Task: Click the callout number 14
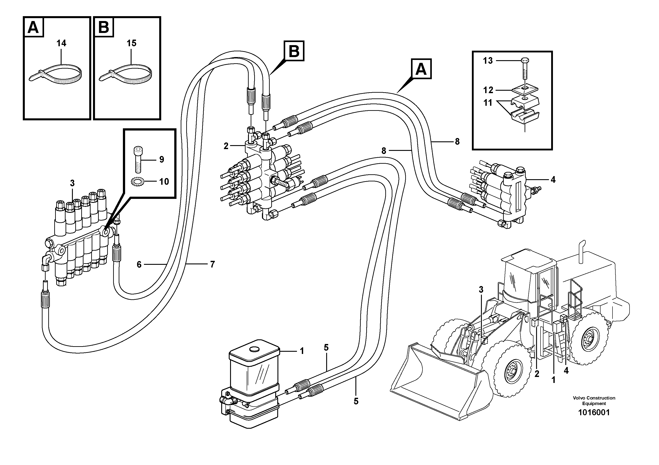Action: pyautogui.click(x=61, y=43)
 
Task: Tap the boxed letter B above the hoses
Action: pyautogui.click(x=294, y=51)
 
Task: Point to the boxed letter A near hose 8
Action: pyautogui.click(x=421, y=69)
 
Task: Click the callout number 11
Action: pyautogui.click(x=488, y=103)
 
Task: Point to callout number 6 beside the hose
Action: pyautogui.click(x=139, y=264)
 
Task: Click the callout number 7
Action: pyautogui.click(x=212, y=264)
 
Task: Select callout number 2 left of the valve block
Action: pyautogui.click(x=226, y=146)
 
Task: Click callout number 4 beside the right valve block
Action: pyautogui.click(x=553, y=180)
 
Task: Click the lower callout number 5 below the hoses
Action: pyautogui.click(x=356, y=401)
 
